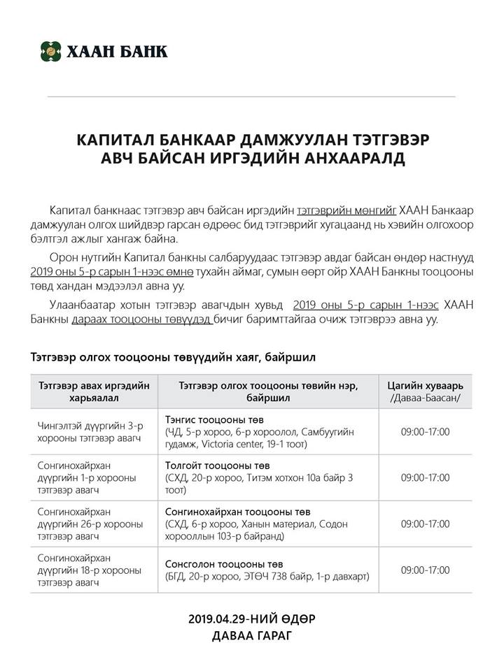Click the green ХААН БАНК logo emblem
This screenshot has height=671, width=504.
(50, 50)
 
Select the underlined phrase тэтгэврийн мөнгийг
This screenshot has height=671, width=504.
(347, 210)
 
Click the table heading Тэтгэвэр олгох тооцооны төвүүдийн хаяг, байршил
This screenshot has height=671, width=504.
(173, 356)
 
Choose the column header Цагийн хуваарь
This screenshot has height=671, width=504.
(425, 386)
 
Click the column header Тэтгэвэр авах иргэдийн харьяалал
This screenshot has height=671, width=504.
(94, 391)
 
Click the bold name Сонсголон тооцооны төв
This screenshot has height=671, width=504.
(224, 564)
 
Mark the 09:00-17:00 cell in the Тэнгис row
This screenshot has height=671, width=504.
(425, 431)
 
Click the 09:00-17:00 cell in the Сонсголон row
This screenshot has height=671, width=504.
(425, 570)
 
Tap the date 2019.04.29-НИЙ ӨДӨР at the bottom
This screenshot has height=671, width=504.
(252, 619)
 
